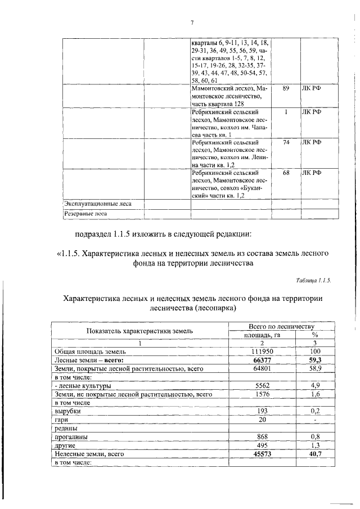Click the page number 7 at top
(192, 22)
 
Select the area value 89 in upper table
(286, 88)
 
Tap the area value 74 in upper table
(286, 143)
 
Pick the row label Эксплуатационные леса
(97, 204)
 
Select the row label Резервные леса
(85, 213)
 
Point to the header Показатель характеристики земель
(140, 331)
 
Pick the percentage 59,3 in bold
(316, 360)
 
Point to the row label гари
(61, 420)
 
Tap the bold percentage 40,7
(316, 453)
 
